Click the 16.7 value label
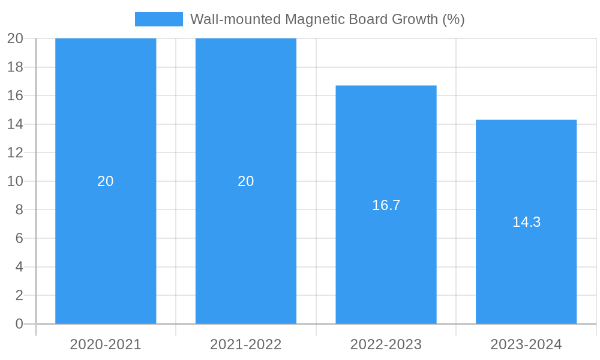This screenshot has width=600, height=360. click(x=386, y=205)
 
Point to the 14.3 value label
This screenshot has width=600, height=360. click(x=526, y=222)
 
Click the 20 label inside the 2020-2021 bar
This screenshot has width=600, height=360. click(x=106, y=181)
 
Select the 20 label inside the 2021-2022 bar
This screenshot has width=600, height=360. click(x=246, y=181)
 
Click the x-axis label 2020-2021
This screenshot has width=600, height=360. click(x=106, y=344)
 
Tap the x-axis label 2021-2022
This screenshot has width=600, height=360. click(x=246, y=344)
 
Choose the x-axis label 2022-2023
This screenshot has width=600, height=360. click(x=386, y=344)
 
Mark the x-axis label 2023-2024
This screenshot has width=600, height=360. click(x=526, y=344)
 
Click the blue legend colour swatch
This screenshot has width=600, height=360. click(x=158, y=19)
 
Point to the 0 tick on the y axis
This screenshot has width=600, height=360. click(x=19, y=324)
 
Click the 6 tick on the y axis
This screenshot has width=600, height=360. click(x=19, y=238)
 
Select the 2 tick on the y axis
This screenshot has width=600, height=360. click(x=19, y=295)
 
